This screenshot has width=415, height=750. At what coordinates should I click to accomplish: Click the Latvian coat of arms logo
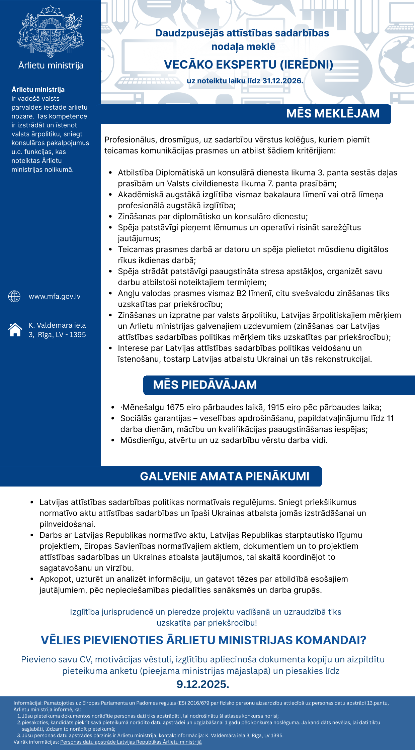point(51,31)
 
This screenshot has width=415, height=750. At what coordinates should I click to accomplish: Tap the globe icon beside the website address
point(14,296)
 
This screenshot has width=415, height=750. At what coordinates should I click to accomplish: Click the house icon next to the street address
point(15,330)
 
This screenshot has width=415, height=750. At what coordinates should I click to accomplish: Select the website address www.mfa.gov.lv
point(55,297)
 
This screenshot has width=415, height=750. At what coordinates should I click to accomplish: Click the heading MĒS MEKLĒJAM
point(333,114)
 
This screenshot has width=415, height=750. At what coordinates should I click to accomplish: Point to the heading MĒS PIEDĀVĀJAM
point(205,385)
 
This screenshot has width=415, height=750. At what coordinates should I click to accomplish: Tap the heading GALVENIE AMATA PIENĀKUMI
point(225,476)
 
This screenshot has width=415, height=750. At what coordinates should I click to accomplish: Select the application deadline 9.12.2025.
point(203,684)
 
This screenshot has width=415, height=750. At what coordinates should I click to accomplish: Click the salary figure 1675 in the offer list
point(175,408)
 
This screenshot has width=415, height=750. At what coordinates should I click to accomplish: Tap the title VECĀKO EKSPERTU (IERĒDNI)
point(248,65)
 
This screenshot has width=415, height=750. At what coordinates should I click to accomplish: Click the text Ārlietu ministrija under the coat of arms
point(51,66)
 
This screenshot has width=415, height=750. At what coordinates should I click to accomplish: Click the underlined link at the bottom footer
point(131,742)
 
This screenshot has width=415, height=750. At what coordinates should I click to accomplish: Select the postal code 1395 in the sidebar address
point(78,335)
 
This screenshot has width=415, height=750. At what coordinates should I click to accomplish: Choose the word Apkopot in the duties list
point(55,579)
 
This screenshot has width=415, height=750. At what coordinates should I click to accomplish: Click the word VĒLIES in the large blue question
point(61,640)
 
